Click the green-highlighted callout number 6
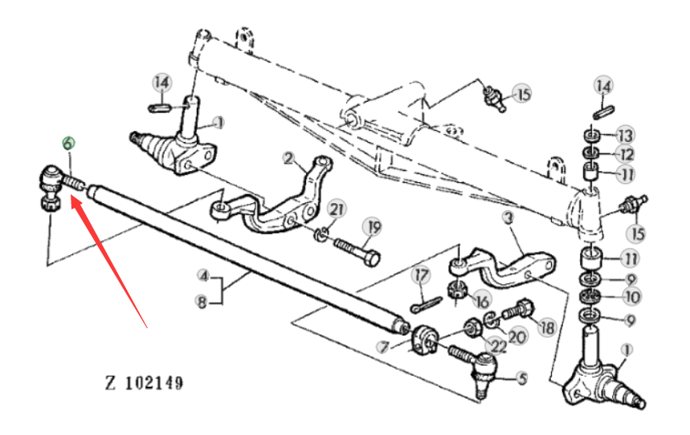point(68,144)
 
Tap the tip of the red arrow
point(71,197)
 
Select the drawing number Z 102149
point(144,383)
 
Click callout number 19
point(374,227)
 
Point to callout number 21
point(337,209)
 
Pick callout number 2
point(288,158)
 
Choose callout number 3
point(508,217)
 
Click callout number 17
point(421,276)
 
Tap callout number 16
point(482,301)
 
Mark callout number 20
point(517,336)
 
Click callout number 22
point(498,346)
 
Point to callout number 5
point(522,378)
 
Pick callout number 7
point(384,348)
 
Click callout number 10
point(632,297)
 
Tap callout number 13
point(625,135)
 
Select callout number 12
point(626,154)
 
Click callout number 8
point(202,302)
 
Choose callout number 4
point(203,276)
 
